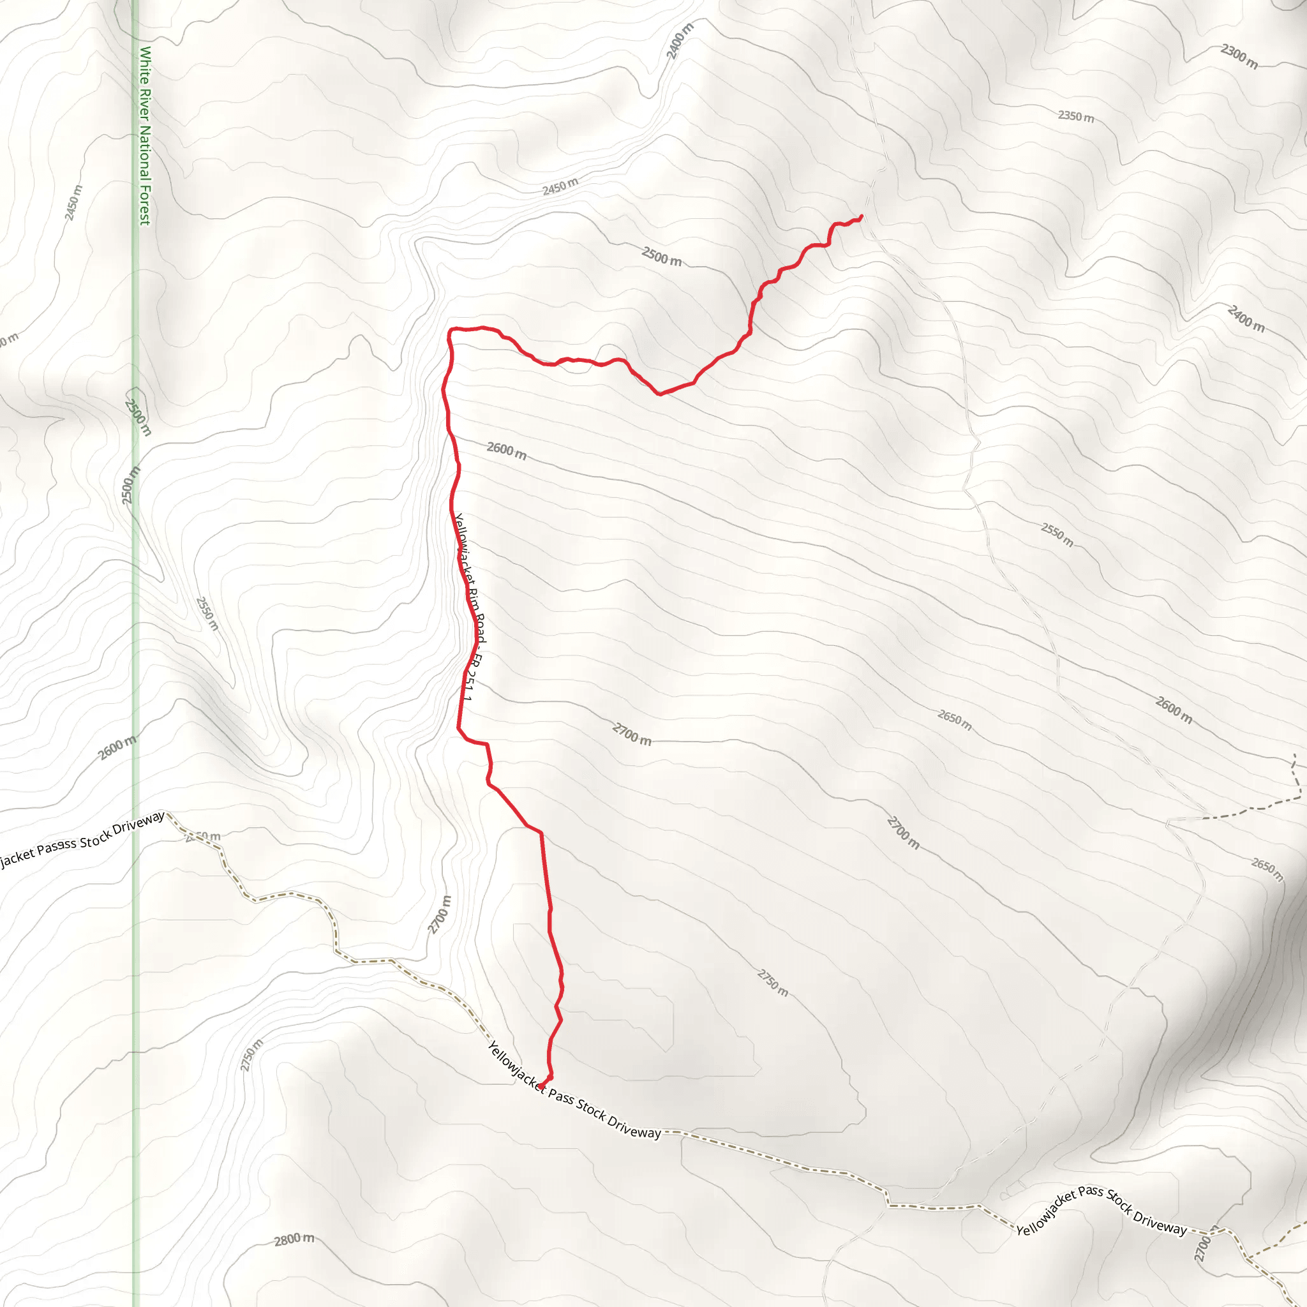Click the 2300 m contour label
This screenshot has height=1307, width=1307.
1239,56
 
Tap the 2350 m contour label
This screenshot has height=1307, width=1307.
1075,117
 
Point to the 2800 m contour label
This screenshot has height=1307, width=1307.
294,1239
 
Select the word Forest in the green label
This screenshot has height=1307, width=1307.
144,203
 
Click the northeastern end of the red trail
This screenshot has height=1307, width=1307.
861,216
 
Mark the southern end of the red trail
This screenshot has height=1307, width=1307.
541,1087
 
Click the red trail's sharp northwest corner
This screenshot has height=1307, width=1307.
451,329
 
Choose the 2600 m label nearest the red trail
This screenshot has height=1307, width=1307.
506,450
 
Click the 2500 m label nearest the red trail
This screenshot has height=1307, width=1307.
661,257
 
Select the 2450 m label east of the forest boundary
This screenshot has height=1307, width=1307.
560,186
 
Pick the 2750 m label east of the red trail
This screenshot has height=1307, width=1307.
773,983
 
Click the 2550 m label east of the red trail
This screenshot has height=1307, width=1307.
1057,534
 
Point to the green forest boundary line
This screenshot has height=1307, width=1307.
135,676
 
